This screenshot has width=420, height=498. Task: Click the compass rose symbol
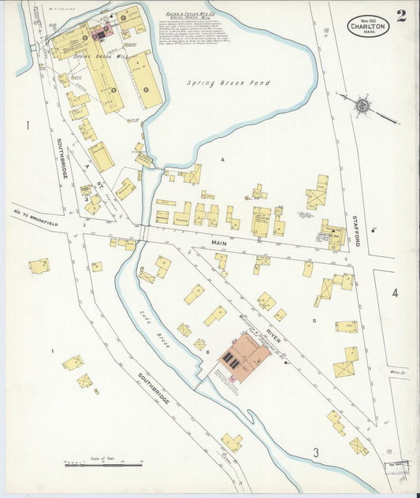pyautogui.click(x=362, y=104)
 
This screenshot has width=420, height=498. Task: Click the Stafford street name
pyautogui.click(x=355, y=228)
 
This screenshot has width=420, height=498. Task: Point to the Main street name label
pyautogui.click(x=218, y=243)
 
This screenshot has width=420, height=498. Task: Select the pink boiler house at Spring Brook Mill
pyautogui.click(x=100, y=34)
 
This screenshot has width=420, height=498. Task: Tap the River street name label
pyautogui.click(x=273, y=322)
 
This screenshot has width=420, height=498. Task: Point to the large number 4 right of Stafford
pyautogui.click(x=395, y=293)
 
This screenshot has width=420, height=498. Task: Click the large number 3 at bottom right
pyautogui.click(x=315, y=452)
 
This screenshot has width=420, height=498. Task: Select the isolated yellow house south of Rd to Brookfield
pyautogui.click(x=39, y=266)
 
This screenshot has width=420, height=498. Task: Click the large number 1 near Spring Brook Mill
pyautogui.click(x=27, y=126)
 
